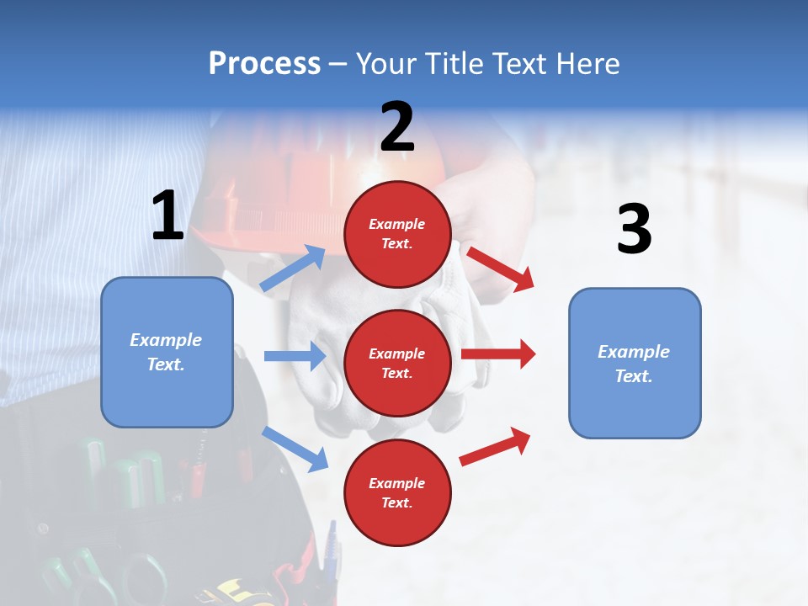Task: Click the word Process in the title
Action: point(264,64)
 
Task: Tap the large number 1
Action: point(167,215)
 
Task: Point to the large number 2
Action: point(397,127)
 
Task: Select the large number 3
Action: point(634,230)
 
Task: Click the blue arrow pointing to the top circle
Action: point(293,268)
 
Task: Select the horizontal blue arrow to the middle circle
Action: point(295,356)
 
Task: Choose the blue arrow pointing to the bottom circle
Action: point(295,449)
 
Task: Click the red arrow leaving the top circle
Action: point(500,268)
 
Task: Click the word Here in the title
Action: point(587,64)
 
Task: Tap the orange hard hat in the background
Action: point(286,181)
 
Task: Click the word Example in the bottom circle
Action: point(397,483)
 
